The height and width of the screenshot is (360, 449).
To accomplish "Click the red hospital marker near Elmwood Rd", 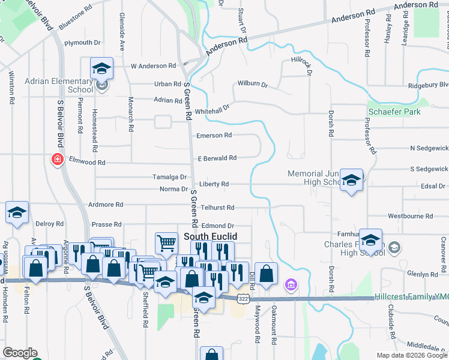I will pyautogui.click(x=57, y=160).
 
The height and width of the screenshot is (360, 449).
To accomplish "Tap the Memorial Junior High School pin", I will pyautogui.click(x=351, y=179).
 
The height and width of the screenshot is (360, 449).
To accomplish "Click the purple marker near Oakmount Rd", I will pyautogui.click(x=291, y=284).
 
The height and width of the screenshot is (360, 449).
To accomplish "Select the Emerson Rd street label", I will pyautogui.click(x=214, y=136).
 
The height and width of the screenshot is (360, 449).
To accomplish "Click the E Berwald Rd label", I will pyautogui.click(x=217, y=158).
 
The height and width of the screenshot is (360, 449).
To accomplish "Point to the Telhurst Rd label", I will pyautogui.click(x=217, y=207).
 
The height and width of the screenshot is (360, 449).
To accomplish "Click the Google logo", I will pyautogui.click(x=20, y=353).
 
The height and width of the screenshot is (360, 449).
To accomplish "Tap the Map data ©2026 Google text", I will pyautogui.click(x=411, y=355).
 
